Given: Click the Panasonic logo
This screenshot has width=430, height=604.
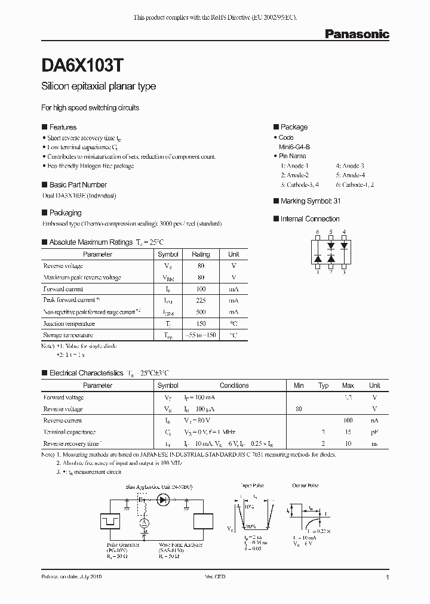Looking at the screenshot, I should click(x=357, y=35).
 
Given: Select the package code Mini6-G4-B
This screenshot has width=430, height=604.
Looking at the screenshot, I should click(x=294, y=146).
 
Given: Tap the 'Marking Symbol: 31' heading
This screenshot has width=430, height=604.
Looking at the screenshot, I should click(x=310, y=201).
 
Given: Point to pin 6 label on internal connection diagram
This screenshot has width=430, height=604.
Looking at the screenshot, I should click(x=318, y=232).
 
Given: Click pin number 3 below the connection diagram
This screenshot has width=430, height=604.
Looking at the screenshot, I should click(x=344, y=272).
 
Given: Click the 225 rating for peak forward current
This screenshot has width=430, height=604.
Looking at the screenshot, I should click(x=201, y=300).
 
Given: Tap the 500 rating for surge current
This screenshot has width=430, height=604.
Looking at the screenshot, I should click(x=201, y=312).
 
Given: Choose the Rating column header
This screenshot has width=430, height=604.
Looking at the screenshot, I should click(x=201, y=254).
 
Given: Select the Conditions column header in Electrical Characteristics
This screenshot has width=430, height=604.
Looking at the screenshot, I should click(x=234, y=386).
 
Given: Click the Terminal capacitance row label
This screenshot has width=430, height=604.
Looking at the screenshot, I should click(x=69, y=432).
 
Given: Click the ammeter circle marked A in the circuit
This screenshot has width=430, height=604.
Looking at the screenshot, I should click(x=143, y=523).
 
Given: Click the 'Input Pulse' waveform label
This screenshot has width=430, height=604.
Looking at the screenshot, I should click(x=253, y=486).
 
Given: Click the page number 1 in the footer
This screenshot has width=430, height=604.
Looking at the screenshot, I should click(x=388, y=578).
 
